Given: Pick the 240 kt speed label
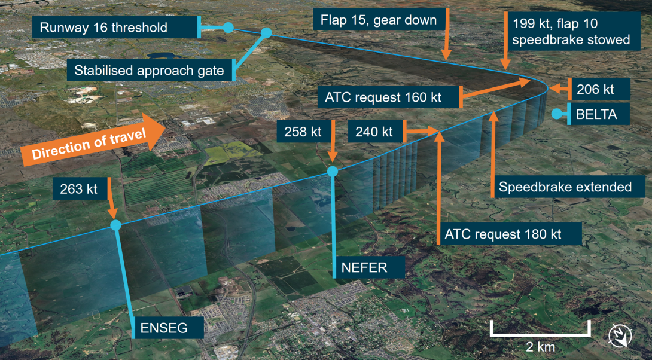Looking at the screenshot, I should (x=376, y=131).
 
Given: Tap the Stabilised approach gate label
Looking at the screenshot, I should (x=150, y=71).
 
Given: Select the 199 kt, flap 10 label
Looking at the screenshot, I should (x=572, y=32).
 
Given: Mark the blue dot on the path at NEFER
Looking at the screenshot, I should (x=333, y=172).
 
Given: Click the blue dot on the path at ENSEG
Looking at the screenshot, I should (x=115, y=225).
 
